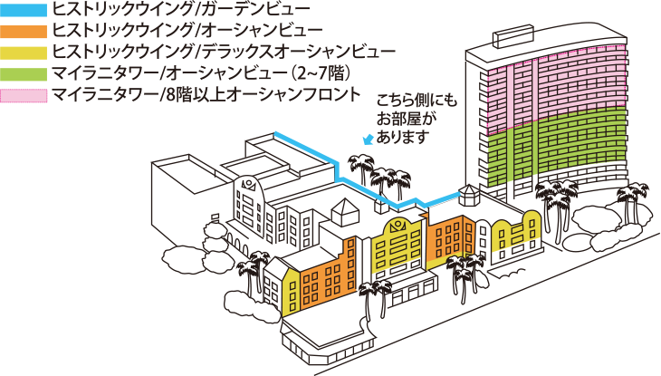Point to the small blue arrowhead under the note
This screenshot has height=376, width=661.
(367, 140)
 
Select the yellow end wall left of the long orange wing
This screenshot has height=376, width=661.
(291, 292)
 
